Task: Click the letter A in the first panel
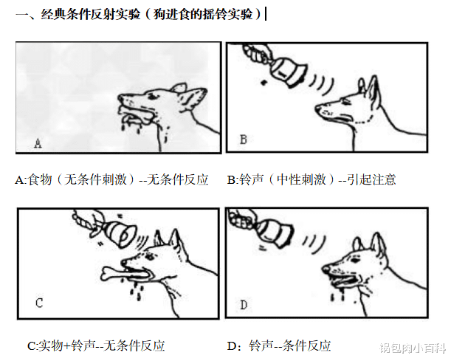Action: [x=38, y=142]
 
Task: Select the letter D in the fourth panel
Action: [x=244, y=303]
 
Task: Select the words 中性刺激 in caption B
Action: [x=295, y=179]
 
